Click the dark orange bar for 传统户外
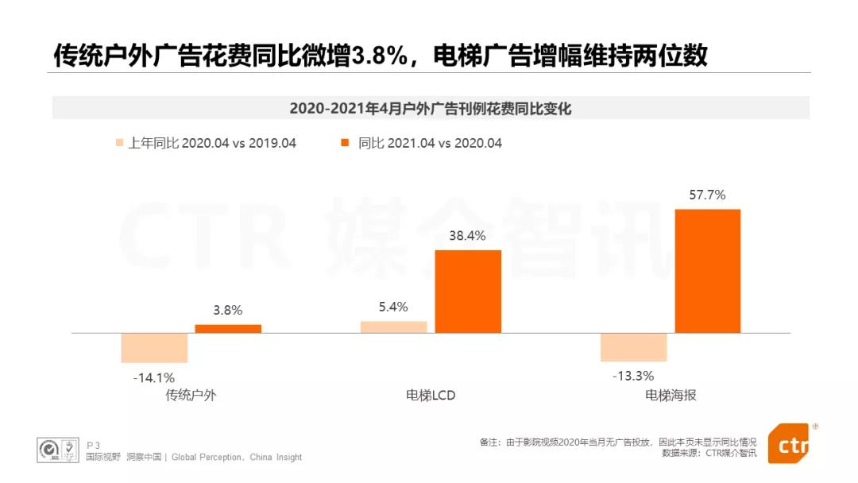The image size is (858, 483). pos(228,328)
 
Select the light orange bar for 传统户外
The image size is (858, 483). pos(154,347)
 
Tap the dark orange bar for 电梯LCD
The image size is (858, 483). pos(468,291)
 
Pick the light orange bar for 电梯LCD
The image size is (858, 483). pos(393,327)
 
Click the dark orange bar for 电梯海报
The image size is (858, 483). pos(707,271)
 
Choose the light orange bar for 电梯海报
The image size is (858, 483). pos(633,347)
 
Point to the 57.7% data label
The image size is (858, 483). pos(707,195)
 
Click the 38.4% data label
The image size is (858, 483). pos(467,236)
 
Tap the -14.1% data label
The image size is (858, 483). pos(154,377)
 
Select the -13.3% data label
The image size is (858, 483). pos(633,376)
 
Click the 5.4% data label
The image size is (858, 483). pos(393,307)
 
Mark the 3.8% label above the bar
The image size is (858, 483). pos(228,310)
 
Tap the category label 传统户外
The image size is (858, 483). pos(191,396)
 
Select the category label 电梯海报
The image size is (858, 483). pos(670,396)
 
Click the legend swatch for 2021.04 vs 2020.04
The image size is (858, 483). pos(345,143)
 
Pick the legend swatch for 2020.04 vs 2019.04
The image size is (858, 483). pos(119,143)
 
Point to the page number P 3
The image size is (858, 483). pos(93,445)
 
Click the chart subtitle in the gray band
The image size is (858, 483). pos(430,108)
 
